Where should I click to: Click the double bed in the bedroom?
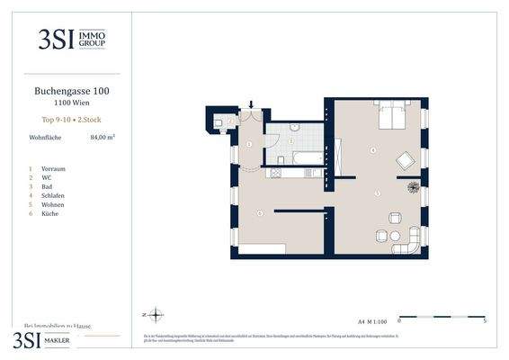point(392,119)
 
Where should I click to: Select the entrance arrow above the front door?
point(252,106)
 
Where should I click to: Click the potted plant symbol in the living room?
point(413,187)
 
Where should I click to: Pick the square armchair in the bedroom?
point(406,161)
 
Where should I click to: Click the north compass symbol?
point(154,315)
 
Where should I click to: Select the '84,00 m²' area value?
point(103,138)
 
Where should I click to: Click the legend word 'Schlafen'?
point(53,195)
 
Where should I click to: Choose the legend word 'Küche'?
point(49,213)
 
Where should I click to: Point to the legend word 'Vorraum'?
point(53,168)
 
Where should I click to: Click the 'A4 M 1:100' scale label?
point(371,320)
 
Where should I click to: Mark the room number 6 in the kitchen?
point(260,213)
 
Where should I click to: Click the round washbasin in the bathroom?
point(294,140)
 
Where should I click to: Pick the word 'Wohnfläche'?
point(46,138)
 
